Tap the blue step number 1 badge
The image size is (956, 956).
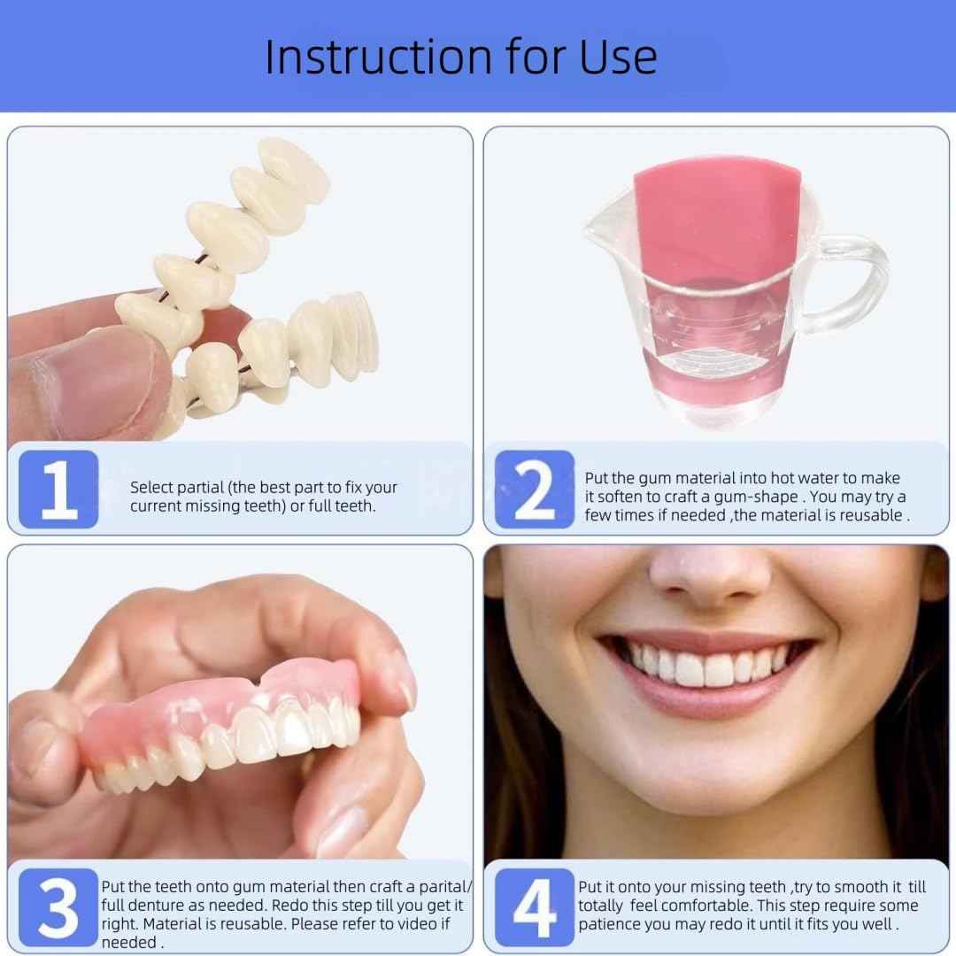click(58, 490)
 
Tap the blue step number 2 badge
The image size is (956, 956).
click(533, 490)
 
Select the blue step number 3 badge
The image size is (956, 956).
click(58, 906)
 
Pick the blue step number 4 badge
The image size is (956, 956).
click(534, 906)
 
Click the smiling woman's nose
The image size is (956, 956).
click(708, 575)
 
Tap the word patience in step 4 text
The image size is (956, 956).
click(611, 925)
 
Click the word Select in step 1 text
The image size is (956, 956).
click(152, 488)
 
